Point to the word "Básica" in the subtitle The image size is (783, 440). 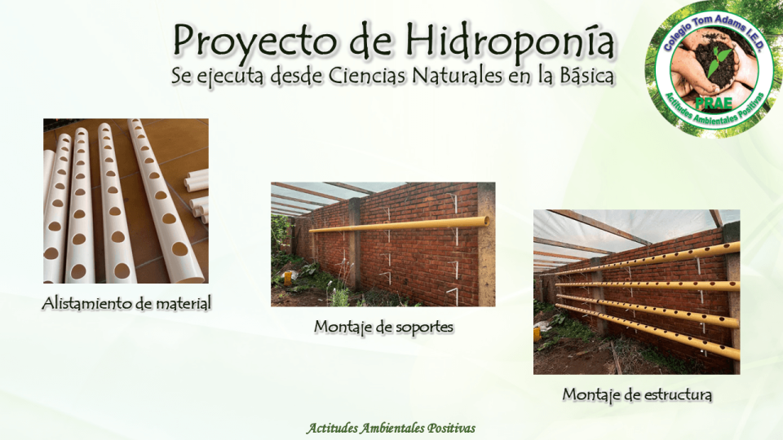click(x=581, y=75)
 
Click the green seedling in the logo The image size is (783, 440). click(x=719, y=59)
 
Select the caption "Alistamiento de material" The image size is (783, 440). click(x=126, y=304)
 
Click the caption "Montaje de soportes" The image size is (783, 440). click(x=383, y=327)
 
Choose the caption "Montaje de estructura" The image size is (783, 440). click(x=637, y=394)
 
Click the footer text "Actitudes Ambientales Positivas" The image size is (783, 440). click(x=391, y=428)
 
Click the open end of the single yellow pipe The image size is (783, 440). click(x=486, y=220)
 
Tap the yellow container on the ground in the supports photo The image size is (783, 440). click(x=288, y=278)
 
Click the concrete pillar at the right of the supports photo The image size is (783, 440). click(x=485, y=244)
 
